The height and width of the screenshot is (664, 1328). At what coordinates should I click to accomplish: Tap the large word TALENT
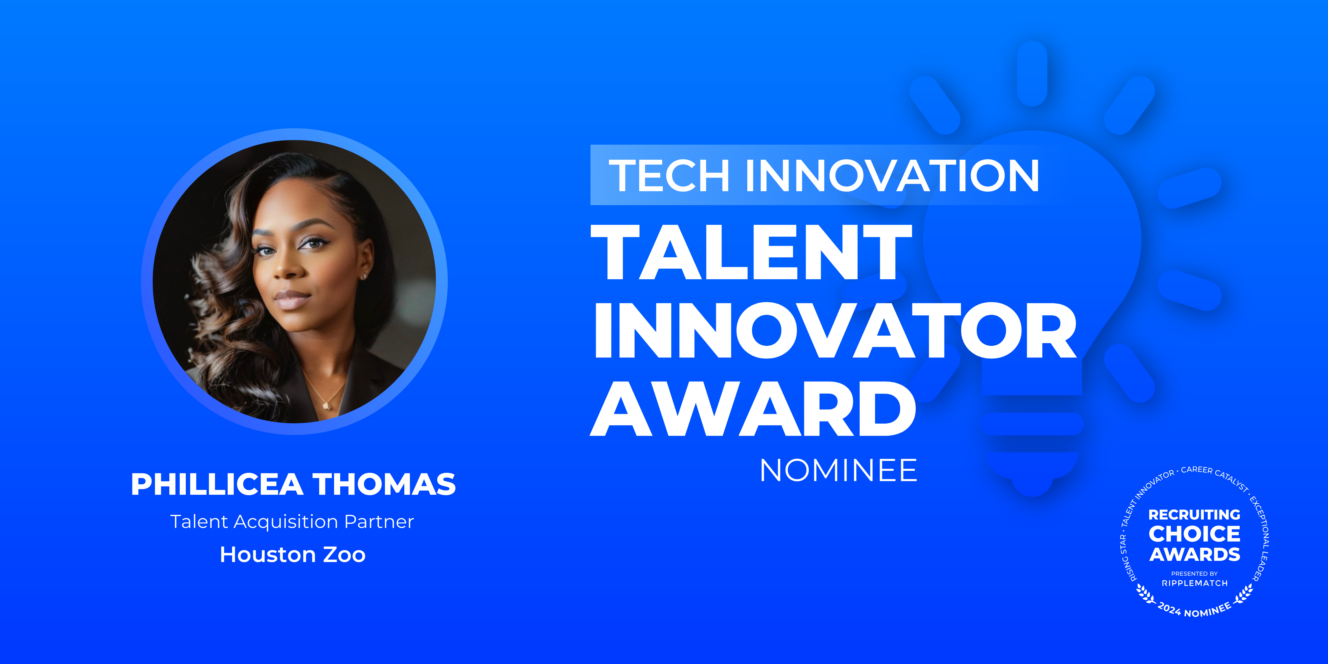751,253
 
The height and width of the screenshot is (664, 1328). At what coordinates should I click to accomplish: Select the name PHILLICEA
216,485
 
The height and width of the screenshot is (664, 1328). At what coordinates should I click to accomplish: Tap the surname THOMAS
384,485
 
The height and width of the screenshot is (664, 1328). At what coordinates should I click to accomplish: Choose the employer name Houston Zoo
292,555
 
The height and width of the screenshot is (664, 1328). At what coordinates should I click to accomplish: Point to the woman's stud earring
365,277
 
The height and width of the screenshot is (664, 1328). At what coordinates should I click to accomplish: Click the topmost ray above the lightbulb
1032,73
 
